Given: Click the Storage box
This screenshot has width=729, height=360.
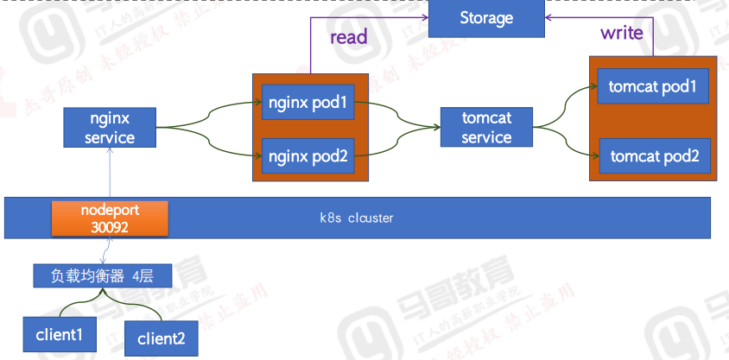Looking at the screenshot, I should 486,18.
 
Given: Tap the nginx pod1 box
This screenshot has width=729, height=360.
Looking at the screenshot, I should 307,104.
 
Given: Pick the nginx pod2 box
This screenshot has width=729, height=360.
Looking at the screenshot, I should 307,156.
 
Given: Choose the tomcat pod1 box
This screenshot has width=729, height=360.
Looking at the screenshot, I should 653,86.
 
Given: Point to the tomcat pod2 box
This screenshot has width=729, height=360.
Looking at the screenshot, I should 654,156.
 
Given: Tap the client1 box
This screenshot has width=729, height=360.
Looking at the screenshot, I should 60,332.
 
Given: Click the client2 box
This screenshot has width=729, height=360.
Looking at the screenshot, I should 161,338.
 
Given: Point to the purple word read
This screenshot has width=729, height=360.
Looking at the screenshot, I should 349,36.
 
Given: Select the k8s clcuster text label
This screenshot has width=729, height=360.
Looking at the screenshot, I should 357,218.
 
